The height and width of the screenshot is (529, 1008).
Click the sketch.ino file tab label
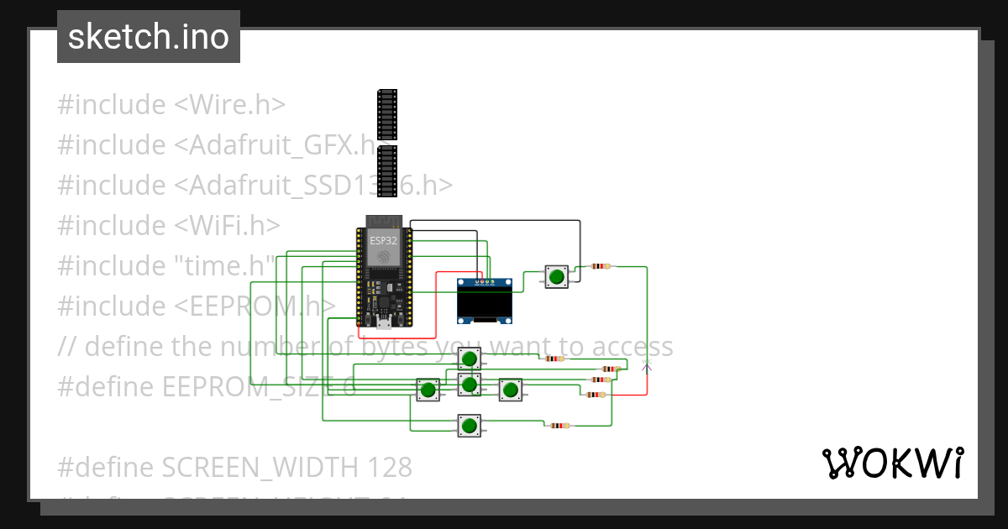click(149, 37)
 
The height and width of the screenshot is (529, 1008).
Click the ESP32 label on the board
click(382, 240)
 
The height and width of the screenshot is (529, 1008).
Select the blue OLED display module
click(484, 301)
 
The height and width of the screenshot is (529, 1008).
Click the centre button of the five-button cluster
click(469, 385)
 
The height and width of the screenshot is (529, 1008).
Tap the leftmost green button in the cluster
click(428, 390)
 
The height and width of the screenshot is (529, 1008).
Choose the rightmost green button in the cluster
click(510, 390)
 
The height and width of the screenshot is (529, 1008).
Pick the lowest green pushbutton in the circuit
click(469, 426)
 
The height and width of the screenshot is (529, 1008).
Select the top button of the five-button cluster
click(469, 359)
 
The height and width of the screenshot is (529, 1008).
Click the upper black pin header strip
click(386, 114)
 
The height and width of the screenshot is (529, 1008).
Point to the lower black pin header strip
click(386, 172)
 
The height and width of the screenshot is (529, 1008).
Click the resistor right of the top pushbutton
click(601, 266)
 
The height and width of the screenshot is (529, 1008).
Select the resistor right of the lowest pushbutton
click(559, 426)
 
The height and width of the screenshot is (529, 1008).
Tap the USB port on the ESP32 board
click(382, 322)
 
